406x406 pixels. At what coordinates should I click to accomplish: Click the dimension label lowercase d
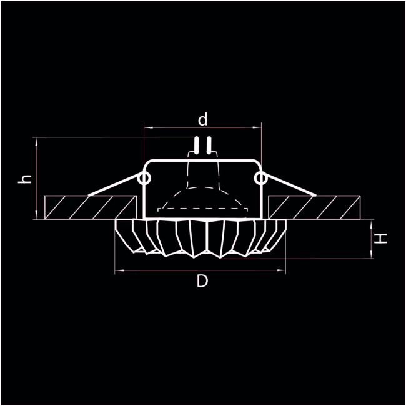coord(202,119)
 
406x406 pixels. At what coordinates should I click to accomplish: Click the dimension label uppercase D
coord(202,282)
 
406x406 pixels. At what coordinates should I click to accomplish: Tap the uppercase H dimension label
coord(382,237)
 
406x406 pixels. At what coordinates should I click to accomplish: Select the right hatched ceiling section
coord(315,207)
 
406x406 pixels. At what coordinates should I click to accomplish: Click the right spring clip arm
coord(289,187)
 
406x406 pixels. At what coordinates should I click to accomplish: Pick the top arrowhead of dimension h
coord(38,141)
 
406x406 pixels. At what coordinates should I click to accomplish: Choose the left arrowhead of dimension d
coord(147,128)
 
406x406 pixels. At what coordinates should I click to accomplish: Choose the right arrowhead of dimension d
coord(257,128)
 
